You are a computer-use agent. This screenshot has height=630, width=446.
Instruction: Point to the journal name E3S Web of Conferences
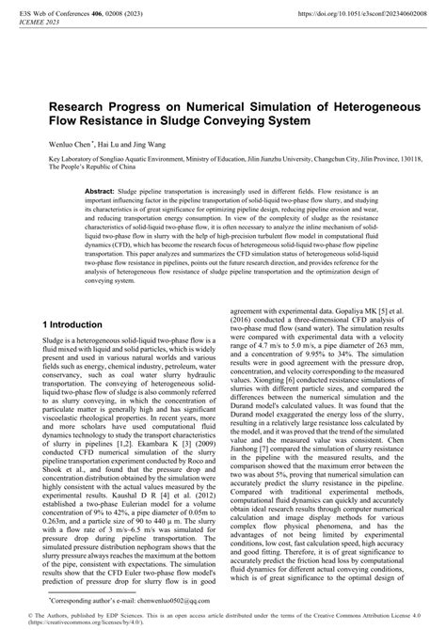56,14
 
